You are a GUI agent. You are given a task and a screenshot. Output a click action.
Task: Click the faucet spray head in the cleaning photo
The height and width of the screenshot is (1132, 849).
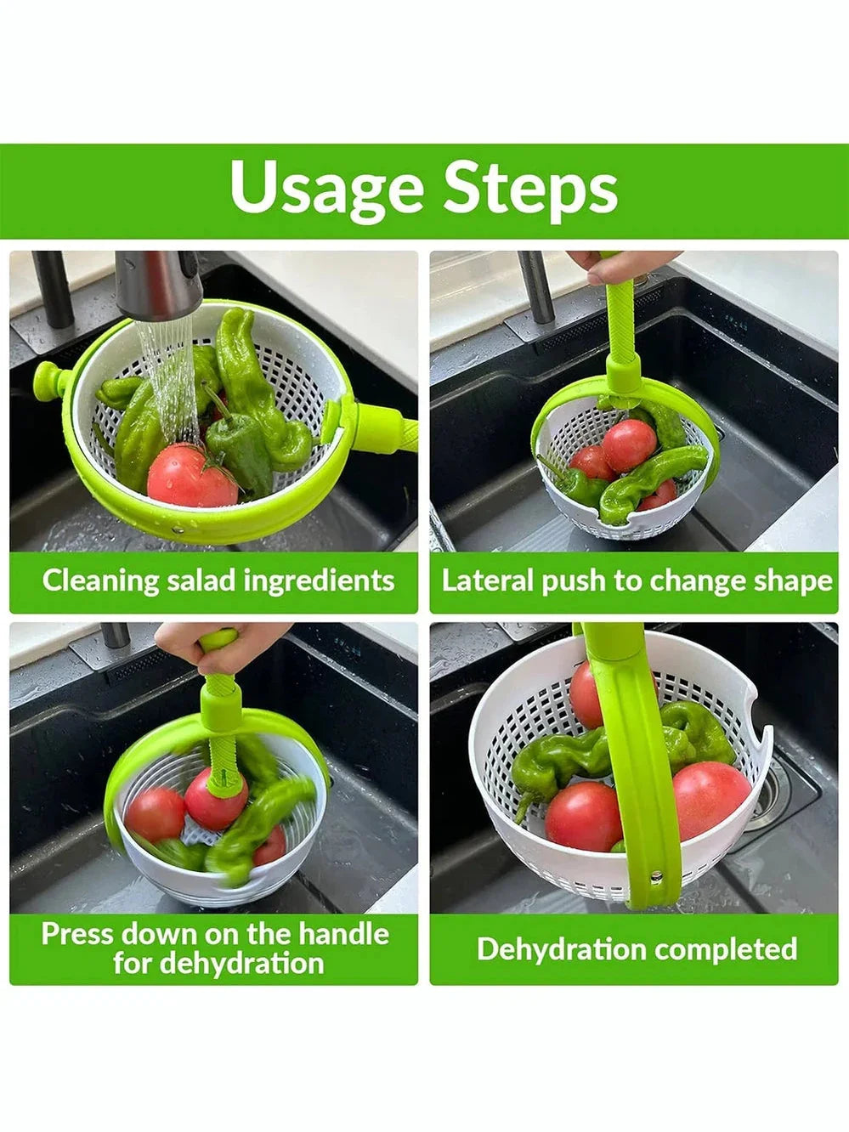157,286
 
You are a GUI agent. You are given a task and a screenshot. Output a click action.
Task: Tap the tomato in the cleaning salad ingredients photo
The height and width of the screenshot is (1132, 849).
192,476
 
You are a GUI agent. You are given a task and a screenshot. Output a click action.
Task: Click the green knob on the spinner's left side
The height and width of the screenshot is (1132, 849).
49,380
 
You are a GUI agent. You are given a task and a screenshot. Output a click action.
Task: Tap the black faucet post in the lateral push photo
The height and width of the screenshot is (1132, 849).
536,286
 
